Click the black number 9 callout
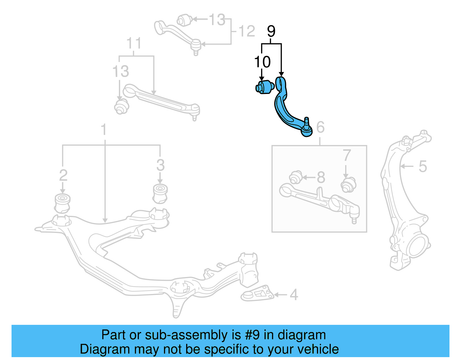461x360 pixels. click(271, 31)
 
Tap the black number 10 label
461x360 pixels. click(262, 62)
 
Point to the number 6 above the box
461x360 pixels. click(320, 127)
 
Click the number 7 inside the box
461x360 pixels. click(347, 156)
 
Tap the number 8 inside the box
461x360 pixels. click(321, 177)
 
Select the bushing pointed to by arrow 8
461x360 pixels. click(295, 177)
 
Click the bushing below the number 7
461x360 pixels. click(348, 185)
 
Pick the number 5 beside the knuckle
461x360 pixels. click(422, 166)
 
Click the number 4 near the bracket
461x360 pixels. click(294, 295)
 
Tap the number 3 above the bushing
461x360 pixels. click(160, 165)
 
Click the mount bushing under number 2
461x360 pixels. click(63, 203)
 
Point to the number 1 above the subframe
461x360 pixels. click(104, 130)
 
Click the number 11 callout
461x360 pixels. click(134, 44)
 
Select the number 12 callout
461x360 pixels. click(247, 31)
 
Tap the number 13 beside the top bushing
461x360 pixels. click(217, 20)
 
